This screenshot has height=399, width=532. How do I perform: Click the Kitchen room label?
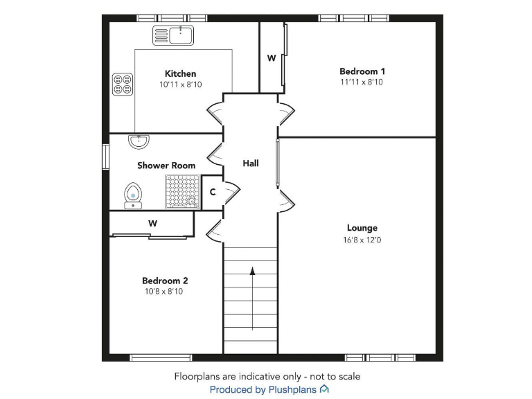[180, 73]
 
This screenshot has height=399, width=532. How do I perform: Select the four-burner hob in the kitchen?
[123, 85]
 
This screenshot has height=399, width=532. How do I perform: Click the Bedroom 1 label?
[362, 71]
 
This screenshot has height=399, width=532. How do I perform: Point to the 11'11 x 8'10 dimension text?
[362, 82]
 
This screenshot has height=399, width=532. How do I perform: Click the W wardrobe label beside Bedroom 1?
[272, 58]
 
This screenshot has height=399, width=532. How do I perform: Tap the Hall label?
[251, 163]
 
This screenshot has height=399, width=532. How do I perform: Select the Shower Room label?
[166, 166]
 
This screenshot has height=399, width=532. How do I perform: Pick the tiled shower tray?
[181, 192]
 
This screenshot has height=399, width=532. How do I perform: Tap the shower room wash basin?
[139, 141]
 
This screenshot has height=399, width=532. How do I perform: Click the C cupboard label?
[212, 192]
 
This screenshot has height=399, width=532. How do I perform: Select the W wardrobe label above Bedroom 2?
[152, 223]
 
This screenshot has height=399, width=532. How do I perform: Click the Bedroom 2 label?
[165, 281]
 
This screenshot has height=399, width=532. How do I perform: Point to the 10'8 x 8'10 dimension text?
[164, 292]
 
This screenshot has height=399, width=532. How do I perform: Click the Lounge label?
[362, 228]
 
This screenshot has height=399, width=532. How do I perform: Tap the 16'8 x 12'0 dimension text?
[362, 240]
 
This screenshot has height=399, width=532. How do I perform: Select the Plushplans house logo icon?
[324, 390]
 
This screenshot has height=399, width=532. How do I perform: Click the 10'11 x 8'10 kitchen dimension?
[180, 85]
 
